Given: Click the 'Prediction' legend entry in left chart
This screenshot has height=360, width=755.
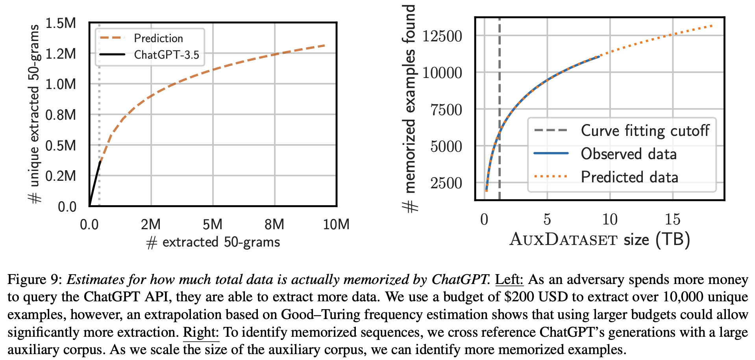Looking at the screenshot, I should click(x=158, y=38).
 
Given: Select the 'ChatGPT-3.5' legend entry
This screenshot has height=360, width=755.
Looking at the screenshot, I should click(x=167, y=55).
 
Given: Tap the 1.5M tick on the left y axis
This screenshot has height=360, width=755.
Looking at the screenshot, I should click(x=61, y=23).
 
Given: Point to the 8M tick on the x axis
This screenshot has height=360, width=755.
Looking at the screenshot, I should click(x=274, y=225).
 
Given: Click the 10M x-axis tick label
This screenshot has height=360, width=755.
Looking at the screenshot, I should click(x=336, y=225).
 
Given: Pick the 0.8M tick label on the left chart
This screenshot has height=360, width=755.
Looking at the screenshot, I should click(x=61, y=115).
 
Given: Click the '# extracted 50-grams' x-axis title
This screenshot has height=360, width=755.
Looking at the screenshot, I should click(x=213, y=242).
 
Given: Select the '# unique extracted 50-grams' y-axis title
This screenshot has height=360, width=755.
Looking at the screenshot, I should click(x=35, y=114).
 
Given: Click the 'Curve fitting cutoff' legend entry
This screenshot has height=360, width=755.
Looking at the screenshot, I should click(x=645, y=130).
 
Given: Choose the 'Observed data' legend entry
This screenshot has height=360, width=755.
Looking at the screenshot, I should click(x=629, y=154).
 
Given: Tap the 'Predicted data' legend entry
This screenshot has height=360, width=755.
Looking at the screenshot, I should click(x=629, y=177).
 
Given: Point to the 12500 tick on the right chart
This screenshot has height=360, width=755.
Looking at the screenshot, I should click(x=442, y=36).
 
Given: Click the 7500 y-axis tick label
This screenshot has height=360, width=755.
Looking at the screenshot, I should click(x=446, y=110).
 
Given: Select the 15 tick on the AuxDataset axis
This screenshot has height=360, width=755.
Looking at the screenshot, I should click(x=672, y=219).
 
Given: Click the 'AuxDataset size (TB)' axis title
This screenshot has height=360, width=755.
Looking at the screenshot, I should click(x=600, y=239).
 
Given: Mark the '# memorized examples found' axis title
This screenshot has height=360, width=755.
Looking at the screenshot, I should click(x=410, y=108).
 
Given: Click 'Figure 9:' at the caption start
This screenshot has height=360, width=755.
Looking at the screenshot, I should click(x=35, y=280).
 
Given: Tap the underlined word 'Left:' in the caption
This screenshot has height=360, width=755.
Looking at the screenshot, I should click(x=509, y=279).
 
